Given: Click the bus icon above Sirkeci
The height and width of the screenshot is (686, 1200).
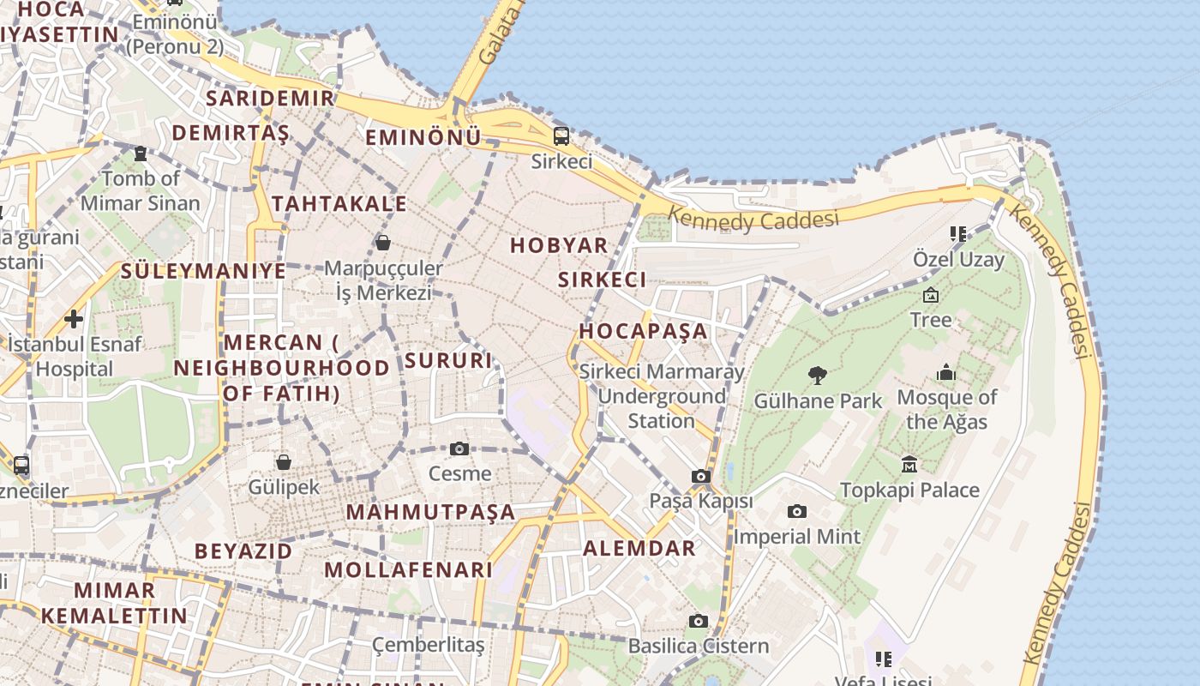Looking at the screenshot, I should pos(561,135).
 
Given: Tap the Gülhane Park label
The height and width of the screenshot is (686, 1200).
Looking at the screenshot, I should pos(818,400).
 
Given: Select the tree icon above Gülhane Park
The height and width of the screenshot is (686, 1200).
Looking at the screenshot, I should pos(818,375).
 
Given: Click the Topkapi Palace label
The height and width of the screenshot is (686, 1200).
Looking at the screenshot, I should pos(909,490).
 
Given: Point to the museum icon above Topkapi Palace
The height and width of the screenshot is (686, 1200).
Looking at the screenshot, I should pos(909,465).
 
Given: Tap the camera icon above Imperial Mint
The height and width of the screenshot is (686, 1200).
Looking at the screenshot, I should pos(797,512).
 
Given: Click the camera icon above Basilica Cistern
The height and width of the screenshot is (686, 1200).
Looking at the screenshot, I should pos(699,621).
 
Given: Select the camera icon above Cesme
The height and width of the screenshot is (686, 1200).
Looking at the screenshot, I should pos(459,448).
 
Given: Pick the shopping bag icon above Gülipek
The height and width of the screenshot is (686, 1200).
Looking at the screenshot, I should pos(284,463).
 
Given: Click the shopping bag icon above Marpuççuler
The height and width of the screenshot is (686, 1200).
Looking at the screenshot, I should pos(383,243).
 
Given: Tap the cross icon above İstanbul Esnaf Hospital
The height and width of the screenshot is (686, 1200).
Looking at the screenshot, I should pos(74,319).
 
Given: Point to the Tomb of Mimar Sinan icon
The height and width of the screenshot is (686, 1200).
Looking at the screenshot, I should pos(141,153).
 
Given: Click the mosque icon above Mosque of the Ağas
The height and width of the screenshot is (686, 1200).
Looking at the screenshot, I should pos(946,373).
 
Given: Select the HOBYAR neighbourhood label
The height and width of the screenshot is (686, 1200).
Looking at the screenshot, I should pos(559,245).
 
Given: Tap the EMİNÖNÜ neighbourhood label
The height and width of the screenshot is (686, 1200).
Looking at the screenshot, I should pos(423,137).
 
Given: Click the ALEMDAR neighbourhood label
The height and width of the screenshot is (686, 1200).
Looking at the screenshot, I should pos(639,549).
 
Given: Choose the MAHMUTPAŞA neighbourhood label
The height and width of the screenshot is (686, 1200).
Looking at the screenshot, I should pos(431,512).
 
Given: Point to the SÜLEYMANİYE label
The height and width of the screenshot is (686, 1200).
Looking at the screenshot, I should pos(203,271).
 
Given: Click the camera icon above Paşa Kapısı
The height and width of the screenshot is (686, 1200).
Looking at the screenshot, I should pos(701,477).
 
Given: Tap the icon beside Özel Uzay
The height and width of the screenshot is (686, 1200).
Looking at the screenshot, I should pos(958,233).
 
